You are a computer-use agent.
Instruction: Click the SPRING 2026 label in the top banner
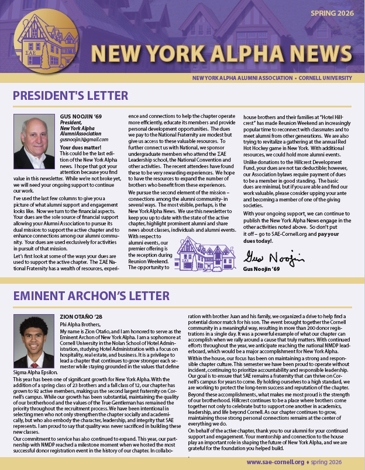335,12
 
